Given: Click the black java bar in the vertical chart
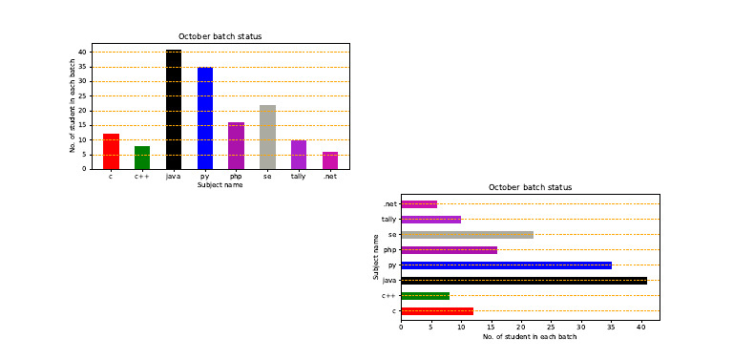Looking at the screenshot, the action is tap(174, 110).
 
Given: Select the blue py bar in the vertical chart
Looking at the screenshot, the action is tap(205, 118).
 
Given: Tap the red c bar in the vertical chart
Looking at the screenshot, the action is tap(112, 152).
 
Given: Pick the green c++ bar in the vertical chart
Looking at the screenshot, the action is tap(142, 158).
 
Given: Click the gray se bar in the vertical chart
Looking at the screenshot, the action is tap(267, 137).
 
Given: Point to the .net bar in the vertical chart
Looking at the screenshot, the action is tap(330, 160).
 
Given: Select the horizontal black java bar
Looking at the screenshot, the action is tap(524, 281).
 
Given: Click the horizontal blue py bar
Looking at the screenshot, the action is tap(506, 265).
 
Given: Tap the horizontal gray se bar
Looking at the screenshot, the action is tap(468, 235).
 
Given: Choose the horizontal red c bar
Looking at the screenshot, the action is tap(437, 311).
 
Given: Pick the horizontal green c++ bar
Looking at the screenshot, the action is tap(426, 296).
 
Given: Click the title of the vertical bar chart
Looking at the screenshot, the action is tap(220, 36).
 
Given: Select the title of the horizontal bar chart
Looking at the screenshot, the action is tap(530, 187).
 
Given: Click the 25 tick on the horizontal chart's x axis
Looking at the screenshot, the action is tap(551, 328).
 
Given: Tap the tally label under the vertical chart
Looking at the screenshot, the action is tap(299, 177).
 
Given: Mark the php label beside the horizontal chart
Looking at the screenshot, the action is tap(389, 250).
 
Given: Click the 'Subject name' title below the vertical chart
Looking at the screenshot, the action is tap(220, 185).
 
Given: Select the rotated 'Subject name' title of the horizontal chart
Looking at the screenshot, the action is tap(376, 257).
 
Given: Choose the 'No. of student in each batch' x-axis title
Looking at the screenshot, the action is tap(530, 337).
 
